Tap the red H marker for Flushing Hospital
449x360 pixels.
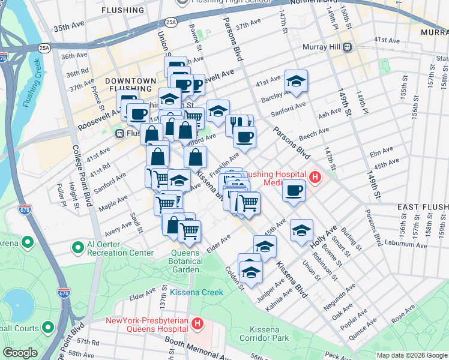(315, 176)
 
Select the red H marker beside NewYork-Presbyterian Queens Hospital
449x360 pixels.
(199, 324)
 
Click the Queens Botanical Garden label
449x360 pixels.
(185, 262)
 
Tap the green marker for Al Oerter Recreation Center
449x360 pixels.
(77, 247)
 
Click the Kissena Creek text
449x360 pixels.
(196, 292)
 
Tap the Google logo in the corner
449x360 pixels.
(20, 353)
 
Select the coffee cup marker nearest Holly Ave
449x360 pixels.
(294, 191)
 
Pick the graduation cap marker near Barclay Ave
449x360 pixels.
(296, 82)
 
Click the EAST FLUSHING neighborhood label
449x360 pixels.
(423, 207)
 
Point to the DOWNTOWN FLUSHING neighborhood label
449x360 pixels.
(130, 85)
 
